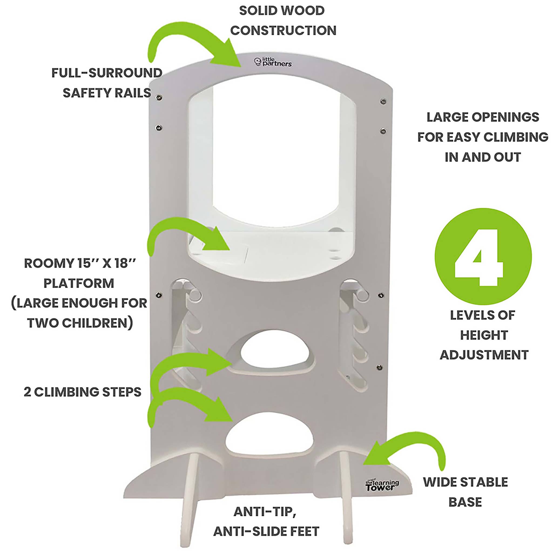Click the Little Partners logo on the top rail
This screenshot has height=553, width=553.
tap(273, 62)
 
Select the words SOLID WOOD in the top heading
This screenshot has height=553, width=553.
tap(282, 11)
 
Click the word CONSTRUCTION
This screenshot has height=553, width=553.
tap(283, 31)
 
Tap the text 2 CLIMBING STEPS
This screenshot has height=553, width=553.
tap(82, 392)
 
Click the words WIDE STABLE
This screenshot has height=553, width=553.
tap(466, 482)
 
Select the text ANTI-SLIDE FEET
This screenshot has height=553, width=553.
tap(266, 531)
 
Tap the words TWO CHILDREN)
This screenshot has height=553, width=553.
tap(80, 323)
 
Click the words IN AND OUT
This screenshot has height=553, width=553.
tap(483, 157)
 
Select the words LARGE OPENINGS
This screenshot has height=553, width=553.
tap(483, 117)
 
